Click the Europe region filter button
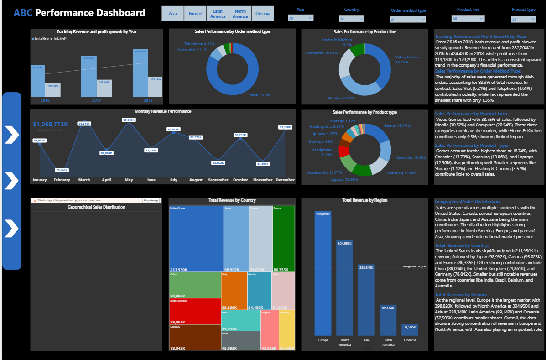click(x=195, y=14)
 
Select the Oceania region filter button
click(x=263, y=14)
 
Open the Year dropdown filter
click(x=301, y=18)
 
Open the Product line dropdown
click(x=468, y=19)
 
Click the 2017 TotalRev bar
click(x=89, y=77)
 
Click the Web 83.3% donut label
click(x=260, y=95)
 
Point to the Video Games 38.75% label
click(x=407, y=59)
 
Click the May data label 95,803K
click(x=129, y=120)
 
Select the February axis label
click(x=62, y=180)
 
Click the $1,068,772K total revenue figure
click(x=51, y=124)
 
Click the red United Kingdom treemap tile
click(x=195, y=311)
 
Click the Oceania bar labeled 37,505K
click(x=410, y=329)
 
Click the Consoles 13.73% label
click(x=411, y=157)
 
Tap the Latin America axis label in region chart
click(x=388, y=342)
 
